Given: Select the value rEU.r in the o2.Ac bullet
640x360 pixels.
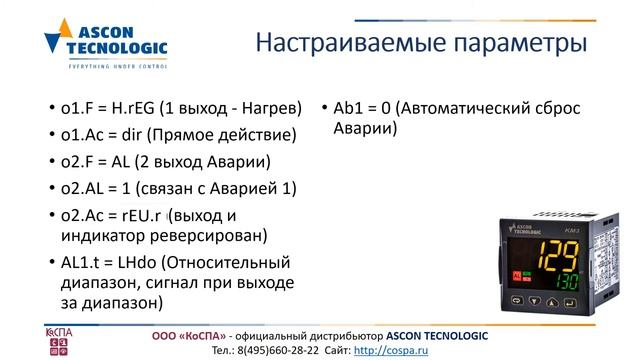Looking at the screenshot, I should [x=143, y=215].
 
